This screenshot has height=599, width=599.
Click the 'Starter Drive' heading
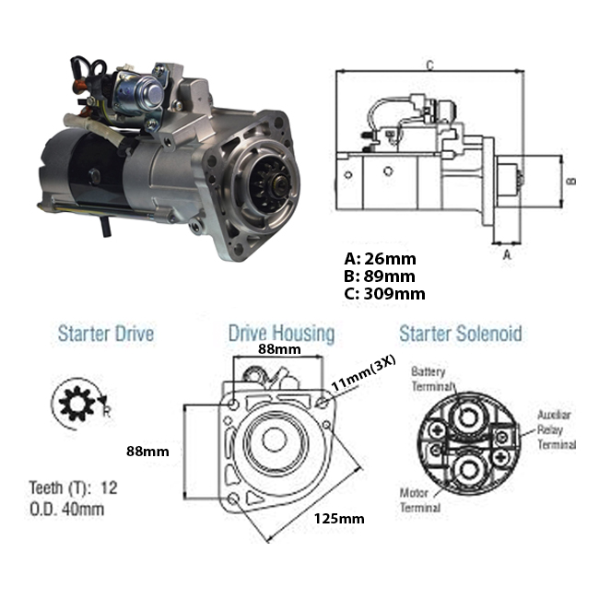pos(105,333)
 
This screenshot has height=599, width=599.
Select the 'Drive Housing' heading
pos(281,334)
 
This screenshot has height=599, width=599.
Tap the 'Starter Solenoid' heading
pos(460,333)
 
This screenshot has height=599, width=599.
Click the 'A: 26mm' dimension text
pos(379,259)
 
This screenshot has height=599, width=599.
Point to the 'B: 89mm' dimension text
pos(379,276)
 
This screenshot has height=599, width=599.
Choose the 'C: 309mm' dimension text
pos(383,294)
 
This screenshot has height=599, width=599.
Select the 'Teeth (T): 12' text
pos(74,487)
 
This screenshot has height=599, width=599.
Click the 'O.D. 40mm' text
pos(67,508)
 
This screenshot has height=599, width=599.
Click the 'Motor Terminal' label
pos(419,499)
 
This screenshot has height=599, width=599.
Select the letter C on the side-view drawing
pos(430,64)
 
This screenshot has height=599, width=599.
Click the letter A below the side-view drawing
pos(505,258)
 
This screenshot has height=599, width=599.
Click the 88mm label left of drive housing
pos(148,451)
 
